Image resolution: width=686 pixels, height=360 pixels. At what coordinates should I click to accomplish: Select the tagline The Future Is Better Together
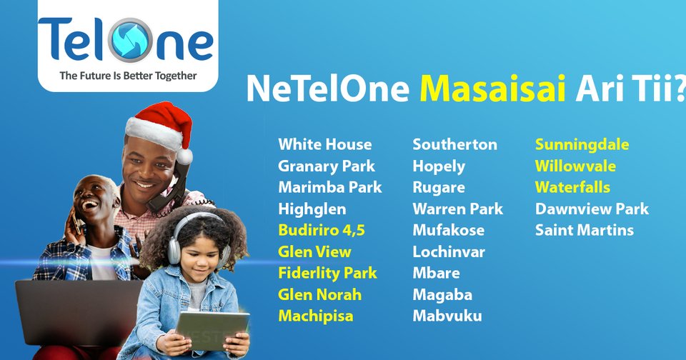tap(128, 75)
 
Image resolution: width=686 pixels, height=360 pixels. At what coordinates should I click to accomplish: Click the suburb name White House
tap(325, 144)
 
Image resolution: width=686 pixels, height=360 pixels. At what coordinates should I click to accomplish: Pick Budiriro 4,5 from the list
tap(322, 230)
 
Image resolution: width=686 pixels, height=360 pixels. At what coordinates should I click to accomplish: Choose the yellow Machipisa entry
tap(316, 316)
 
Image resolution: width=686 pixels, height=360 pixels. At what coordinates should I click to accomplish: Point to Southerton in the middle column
tap(454, 144)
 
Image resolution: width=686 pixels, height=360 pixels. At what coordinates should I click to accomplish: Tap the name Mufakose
tap(448, 230)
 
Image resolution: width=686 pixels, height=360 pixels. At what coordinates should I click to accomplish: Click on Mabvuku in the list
tap(447, 316)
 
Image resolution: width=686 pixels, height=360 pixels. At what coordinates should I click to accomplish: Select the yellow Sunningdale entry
tap(582, 144)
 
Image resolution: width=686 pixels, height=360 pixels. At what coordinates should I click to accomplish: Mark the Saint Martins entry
tap(585, 230)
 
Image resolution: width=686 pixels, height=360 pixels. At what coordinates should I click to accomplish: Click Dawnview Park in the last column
tap(592, 209)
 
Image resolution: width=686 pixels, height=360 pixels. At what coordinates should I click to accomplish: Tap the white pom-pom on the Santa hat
tap(185, 156)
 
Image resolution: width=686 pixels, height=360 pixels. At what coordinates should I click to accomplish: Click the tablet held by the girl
tap(212, 330)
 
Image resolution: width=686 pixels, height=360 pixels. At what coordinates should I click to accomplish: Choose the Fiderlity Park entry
tap(328, 273)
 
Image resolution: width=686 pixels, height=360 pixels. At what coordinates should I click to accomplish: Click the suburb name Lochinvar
tap(449, 251)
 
